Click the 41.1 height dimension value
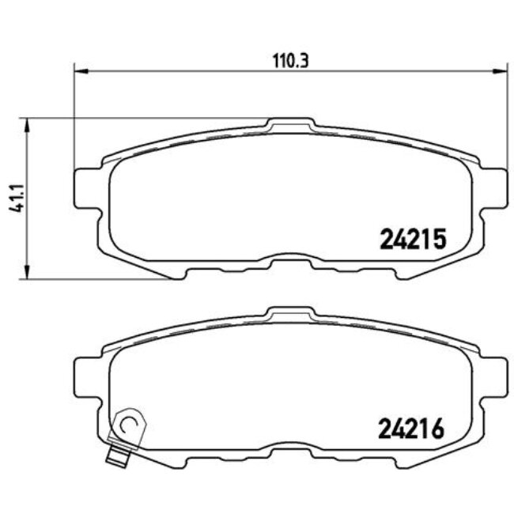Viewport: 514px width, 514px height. tap(13, 198)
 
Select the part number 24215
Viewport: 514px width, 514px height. tap(414, 237)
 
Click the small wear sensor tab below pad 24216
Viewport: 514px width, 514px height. tap(119, 456)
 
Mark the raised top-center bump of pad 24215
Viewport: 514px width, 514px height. tap(291, 125)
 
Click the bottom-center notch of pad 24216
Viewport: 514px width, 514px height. tap(289, 449)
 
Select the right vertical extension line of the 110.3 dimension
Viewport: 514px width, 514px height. tap(504, 119)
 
